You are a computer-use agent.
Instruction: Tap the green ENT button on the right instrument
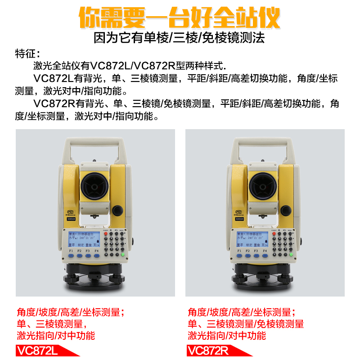pos(292,255)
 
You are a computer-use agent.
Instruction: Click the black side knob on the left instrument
pos(118,210)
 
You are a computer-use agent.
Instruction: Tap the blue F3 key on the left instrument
pos(87,256)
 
